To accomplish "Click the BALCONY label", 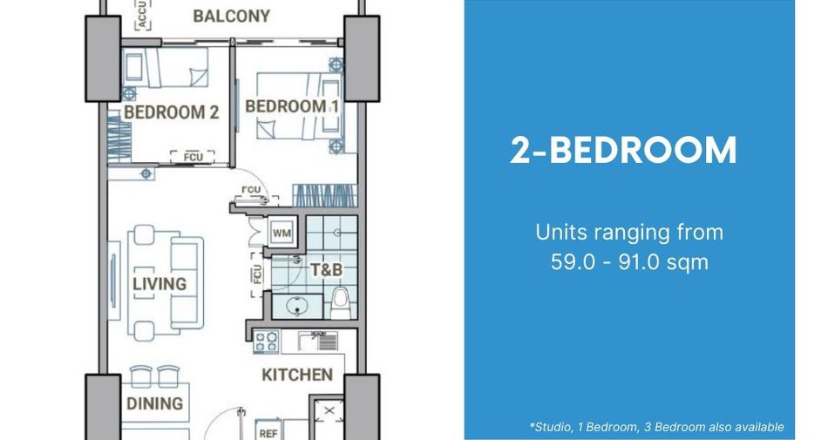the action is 231,16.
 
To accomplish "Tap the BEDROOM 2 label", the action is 171,112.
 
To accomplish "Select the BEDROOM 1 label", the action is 291,106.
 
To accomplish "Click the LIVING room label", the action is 159,284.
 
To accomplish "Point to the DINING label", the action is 155,403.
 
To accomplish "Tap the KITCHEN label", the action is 297,376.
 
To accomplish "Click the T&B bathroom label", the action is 326,270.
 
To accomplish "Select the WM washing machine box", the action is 281,233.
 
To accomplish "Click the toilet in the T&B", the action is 340,303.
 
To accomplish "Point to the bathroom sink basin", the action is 297,306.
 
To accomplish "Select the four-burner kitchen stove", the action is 266,342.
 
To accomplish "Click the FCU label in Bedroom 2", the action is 193,157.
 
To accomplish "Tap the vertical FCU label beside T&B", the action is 256,274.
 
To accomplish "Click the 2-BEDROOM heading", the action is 623,151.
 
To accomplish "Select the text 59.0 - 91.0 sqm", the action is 629,262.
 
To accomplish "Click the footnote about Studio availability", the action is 656,427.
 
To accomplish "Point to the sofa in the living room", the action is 187,283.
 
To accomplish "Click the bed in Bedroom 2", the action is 166,67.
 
